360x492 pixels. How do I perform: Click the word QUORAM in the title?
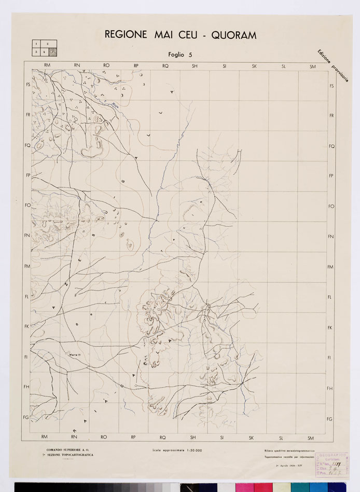(231, 35)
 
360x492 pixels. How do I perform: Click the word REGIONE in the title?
(127, 35)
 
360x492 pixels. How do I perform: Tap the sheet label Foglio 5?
(180, 54)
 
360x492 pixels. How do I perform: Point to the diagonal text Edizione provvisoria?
(333, 66)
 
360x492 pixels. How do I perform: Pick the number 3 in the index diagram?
(36, 52)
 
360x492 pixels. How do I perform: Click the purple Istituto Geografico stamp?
(332, 463)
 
